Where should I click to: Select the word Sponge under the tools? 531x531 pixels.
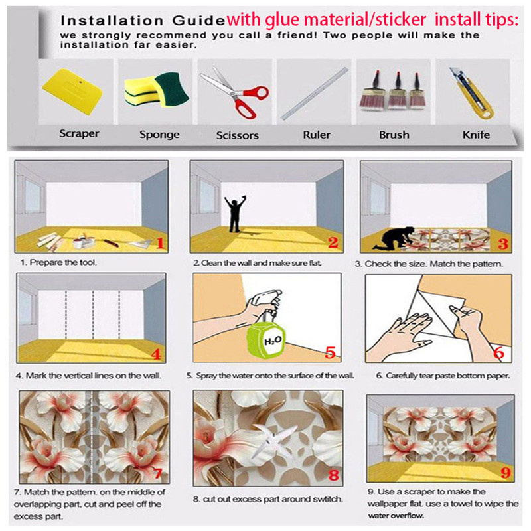point(159,135)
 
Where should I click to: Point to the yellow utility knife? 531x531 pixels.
point(471,93)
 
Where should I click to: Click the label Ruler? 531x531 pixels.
point(317,135)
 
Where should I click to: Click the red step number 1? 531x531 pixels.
point(160,243)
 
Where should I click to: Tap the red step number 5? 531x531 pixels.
point(330,352)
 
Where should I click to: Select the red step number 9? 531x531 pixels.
point(505,472)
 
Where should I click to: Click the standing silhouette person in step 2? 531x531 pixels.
point(235,214)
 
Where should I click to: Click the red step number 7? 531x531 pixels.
point(158,473)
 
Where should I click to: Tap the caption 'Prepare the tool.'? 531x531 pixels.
point(63,262)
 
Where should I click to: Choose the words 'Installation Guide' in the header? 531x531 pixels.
point(143,21)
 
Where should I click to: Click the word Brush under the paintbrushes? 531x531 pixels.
point(394,135)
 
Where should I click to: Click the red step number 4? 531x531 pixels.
point(156,354)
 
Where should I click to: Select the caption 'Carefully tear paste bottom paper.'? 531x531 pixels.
point(447,376)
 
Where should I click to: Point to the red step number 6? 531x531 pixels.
point(498,352)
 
